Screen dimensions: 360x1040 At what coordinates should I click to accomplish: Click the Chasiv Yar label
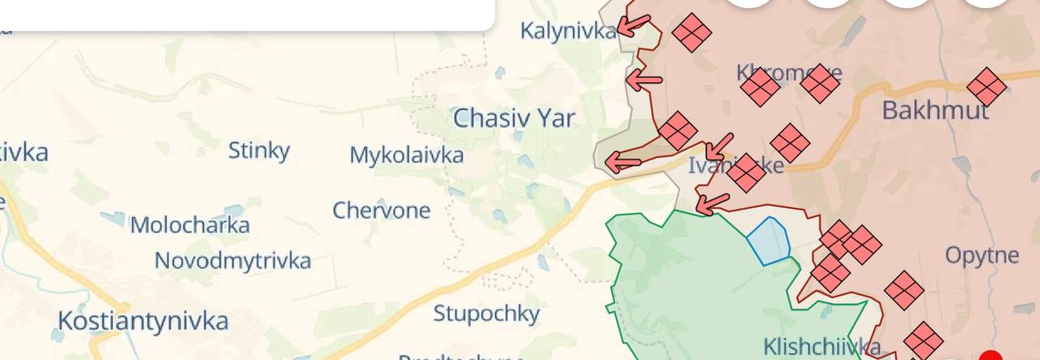[x=513, y=119]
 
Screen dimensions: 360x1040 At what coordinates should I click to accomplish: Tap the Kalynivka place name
[x=568, y=32]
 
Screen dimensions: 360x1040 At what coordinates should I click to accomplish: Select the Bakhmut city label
[x=935, y=111]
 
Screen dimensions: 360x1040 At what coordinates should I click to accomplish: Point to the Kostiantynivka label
[x=143, y=320]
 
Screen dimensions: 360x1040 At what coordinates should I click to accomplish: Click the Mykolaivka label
[x=406, y=155]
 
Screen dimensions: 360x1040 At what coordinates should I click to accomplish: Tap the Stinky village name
[x=258, y=150]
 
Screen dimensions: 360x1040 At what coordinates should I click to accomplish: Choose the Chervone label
[x=381, y=210]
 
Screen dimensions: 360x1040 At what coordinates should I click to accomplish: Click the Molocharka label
[x=189, y=225]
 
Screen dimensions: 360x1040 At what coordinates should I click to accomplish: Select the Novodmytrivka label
[x=232, y=261]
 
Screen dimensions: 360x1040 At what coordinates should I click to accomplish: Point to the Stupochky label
[x=486, y=314]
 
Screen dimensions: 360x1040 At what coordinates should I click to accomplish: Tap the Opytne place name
[x=981, y=256]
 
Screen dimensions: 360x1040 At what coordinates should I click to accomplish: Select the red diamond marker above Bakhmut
[x=986, y=87]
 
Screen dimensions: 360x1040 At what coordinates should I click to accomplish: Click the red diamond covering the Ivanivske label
[x=746, y=172]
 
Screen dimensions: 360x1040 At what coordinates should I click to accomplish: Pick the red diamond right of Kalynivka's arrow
[x=691, y=33]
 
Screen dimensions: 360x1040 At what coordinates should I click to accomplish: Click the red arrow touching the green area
[x=713, y=203]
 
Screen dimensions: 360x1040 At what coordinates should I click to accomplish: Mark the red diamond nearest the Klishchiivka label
[x=923, y=340]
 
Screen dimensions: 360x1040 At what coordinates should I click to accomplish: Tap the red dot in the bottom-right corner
[x=990, y=356]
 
